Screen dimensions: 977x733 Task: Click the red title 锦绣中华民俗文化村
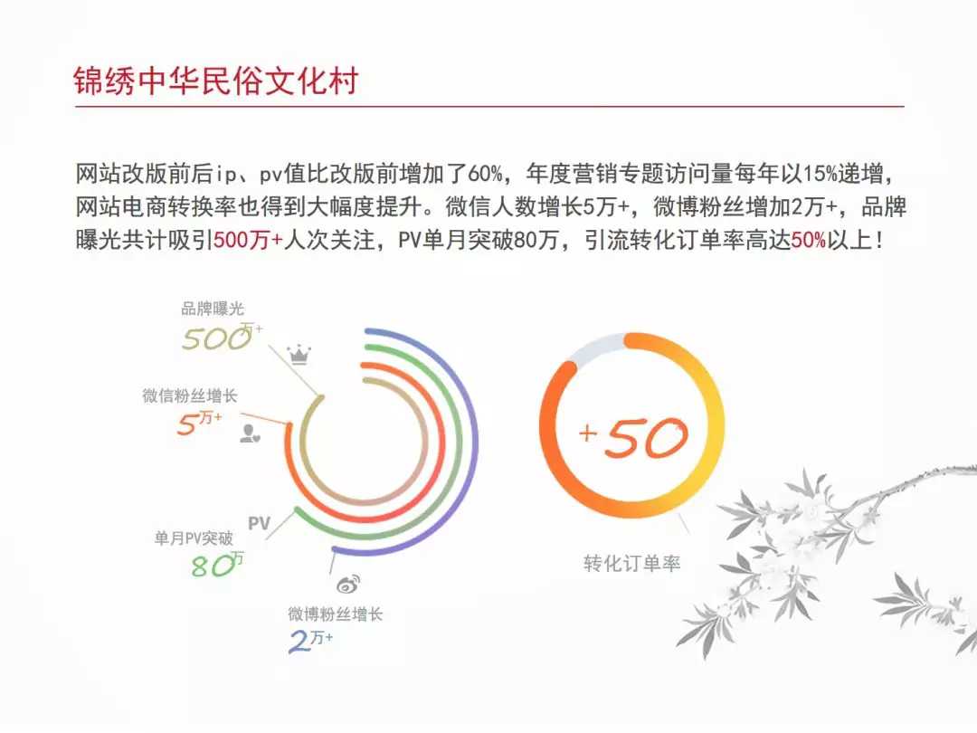[215, 81]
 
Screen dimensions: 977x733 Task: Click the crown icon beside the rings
[299, 354]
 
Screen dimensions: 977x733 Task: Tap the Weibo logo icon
[348, 584]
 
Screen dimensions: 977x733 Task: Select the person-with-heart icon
[250, 433]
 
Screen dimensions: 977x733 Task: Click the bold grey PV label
[259, 523]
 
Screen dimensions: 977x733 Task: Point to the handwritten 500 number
[216, 338]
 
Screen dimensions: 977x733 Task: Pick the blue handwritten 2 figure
[299, 642]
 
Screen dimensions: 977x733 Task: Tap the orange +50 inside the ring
[633, 436]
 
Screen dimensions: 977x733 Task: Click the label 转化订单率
[631, 564]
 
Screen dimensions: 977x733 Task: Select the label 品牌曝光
[213, 309]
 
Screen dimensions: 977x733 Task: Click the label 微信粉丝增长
[189, 395]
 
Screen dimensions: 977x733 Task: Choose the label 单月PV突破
[194, 538]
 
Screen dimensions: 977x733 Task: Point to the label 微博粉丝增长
[336, 614]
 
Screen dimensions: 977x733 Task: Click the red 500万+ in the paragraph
[248, 240]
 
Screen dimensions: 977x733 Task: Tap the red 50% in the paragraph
[808, 240]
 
